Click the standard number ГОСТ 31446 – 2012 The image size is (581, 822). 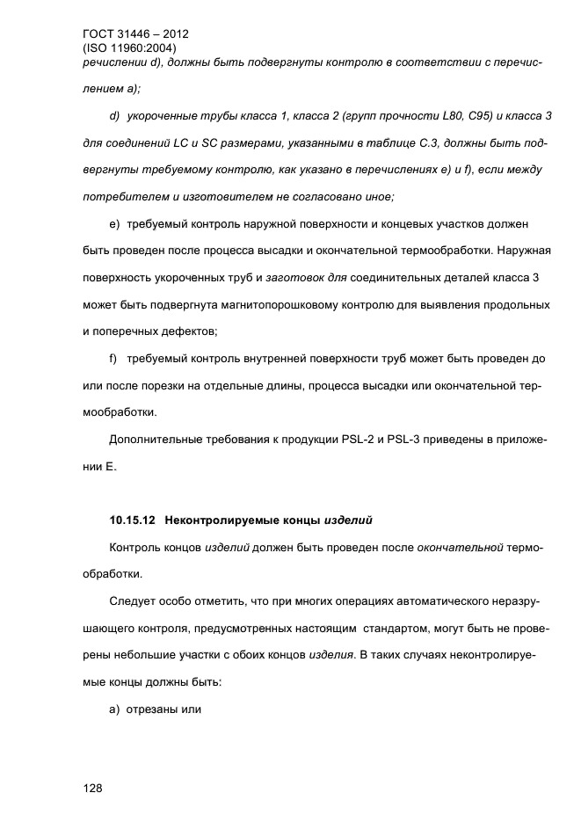pyautogui.click(x=134, y=35)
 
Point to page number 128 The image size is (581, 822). pyautogui.click(x=93, y=788)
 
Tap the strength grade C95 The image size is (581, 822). pyautogui.click(x=454, y=116)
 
